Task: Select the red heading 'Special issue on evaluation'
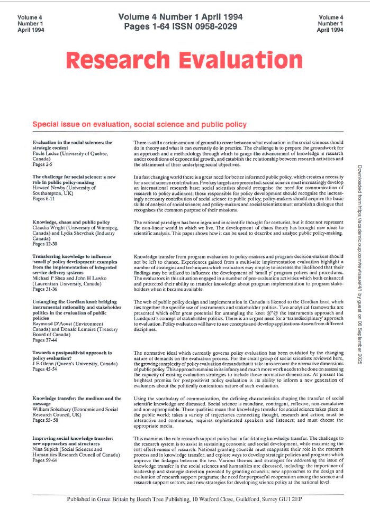140,125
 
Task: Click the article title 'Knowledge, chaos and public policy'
71,223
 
